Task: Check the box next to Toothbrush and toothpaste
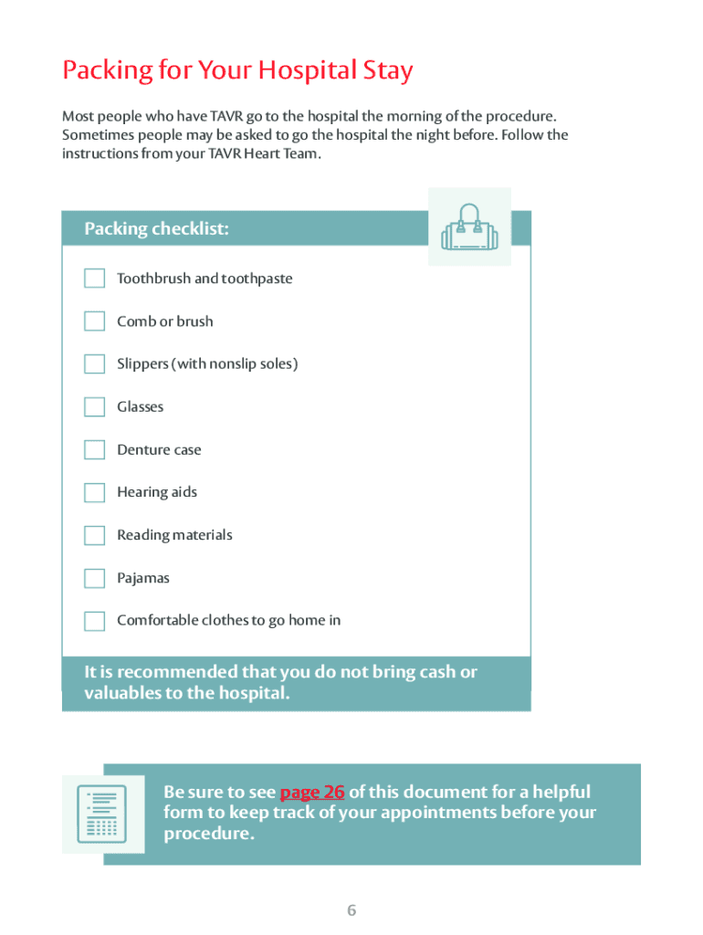[95, 278]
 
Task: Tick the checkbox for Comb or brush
[95, 321]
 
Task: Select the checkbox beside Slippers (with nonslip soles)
[95, 364]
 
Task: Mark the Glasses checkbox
[95, 407]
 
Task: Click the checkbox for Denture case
[95, 450]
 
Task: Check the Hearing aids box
[95, 493]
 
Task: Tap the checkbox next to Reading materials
[95, 535]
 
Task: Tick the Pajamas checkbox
[95, 578]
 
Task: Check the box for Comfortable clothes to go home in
[95, 621]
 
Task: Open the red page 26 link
[312, 792]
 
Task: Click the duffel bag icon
[469, 227]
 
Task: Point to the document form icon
[102, 814]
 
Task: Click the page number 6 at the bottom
[351, 910]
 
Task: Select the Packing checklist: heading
[157, 229]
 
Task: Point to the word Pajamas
[143, 578]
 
